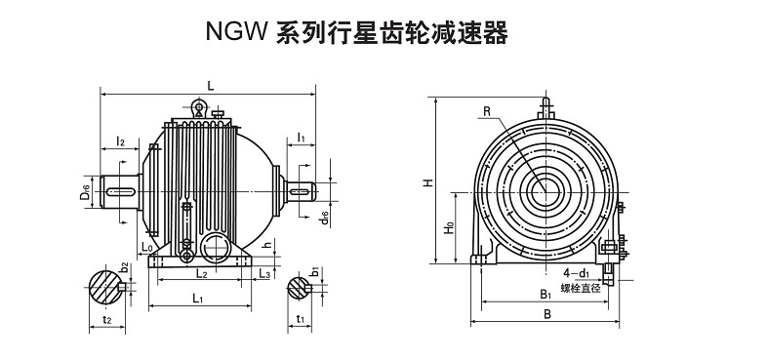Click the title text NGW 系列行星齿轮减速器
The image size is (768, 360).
point(356,33)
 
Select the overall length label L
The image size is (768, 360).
point(211,86)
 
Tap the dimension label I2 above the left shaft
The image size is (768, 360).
point(120,141)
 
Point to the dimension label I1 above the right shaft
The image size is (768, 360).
point(302,139)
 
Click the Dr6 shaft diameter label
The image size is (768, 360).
point(85,191)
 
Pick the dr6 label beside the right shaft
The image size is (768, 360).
point(325,218)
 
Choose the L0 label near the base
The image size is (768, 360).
point(147,247)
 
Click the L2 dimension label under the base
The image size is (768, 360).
point(201,273)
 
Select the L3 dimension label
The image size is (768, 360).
point(264,273)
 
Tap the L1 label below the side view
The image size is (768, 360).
point(197,298)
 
